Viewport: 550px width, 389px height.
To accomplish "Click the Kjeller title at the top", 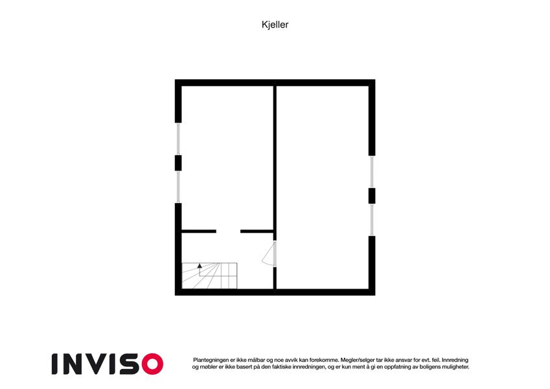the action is [275, 25].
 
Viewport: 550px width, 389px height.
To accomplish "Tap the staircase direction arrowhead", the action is [200, 266].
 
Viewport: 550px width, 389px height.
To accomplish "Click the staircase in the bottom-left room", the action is [209, 276].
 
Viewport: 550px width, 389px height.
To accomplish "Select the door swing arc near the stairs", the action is [268, 253].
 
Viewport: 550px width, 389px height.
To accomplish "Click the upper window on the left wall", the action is [178, 139].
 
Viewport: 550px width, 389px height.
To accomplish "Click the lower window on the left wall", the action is [178, 187].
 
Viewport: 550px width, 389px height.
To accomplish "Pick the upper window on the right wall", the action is [372, 172].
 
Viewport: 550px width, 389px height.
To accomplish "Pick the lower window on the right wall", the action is [372, 220].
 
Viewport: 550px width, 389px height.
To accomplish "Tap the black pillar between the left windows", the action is [178, 163].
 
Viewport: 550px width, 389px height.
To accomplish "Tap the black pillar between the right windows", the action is [372, 196].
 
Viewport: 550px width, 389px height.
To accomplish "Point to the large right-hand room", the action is [323, 187].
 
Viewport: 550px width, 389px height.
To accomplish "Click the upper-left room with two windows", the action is [227, 158].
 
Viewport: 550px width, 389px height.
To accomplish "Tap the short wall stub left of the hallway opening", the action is [199, 231].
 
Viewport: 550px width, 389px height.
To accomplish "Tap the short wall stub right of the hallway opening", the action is [257, 231].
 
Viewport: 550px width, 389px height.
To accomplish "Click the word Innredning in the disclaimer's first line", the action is [455, 360].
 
